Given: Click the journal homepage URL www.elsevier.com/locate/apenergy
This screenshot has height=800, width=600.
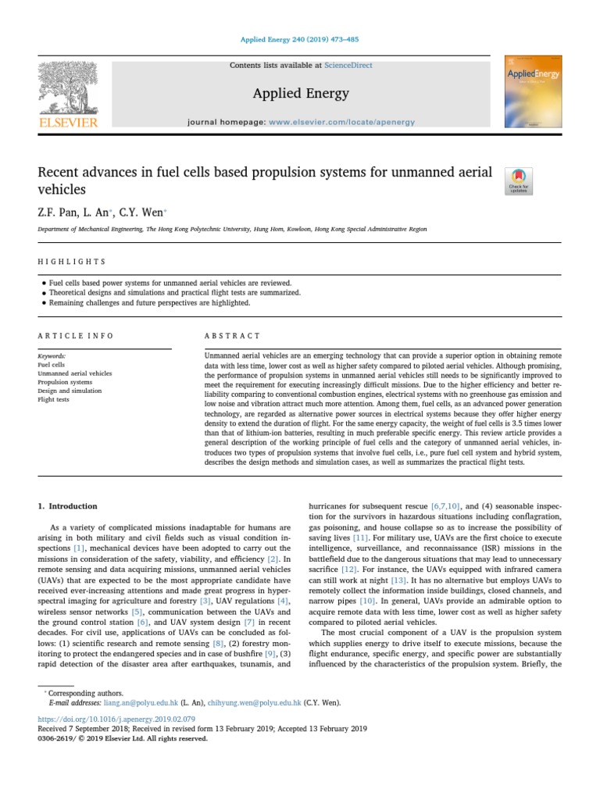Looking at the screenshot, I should point(341,122).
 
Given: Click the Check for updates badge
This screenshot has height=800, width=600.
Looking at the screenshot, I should point(519,180).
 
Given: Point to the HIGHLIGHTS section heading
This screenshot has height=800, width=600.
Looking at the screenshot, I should point(71,262).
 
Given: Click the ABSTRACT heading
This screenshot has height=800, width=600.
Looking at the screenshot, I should point(232,335).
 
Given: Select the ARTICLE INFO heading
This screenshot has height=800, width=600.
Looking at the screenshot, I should point(76,335).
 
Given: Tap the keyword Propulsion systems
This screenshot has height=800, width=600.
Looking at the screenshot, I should point(65,382).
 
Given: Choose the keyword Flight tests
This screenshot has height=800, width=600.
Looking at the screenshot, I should point(53,399).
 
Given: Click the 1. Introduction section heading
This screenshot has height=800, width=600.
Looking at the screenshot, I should point(68,506).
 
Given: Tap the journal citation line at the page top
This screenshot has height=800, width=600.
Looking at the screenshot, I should point(300,40).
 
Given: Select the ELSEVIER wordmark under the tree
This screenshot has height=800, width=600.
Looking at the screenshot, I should point(68,122).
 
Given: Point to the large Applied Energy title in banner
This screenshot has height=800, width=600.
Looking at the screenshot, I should point(300,94).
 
